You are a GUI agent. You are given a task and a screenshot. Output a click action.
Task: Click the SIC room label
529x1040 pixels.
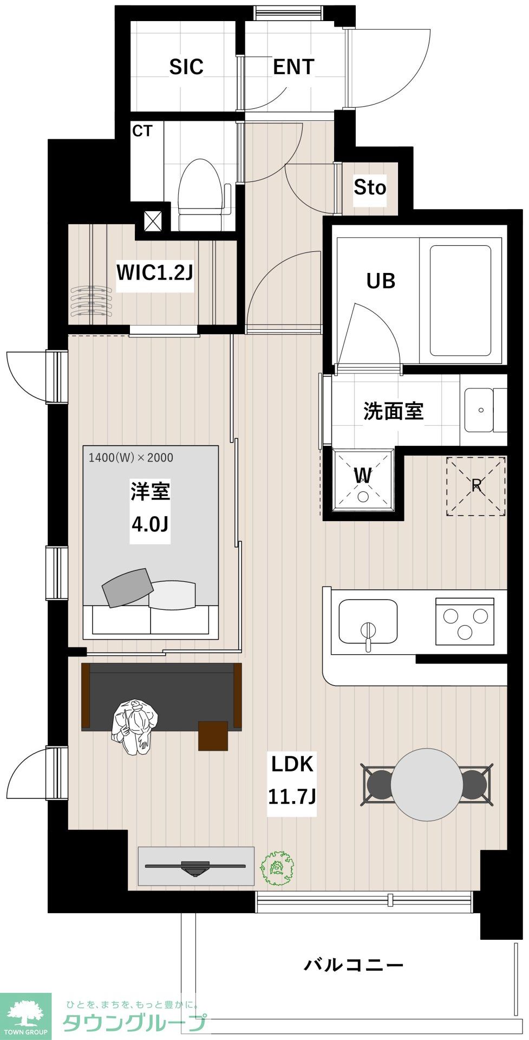[x=186, y=67]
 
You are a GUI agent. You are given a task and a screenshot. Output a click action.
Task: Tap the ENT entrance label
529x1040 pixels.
[x=293, y=67]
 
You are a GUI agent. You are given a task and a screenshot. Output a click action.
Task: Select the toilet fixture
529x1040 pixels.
[x=201, y=194]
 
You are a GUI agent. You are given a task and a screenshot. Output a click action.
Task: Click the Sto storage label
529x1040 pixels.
[x=370, y=187]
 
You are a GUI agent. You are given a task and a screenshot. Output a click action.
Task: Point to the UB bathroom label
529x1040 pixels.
[x=381, y=281]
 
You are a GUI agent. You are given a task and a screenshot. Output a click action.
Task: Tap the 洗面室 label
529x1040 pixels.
[x=393, y=411]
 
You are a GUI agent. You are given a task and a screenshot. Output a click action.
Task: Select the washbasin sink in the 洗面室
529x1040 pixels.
[x=481, y=410]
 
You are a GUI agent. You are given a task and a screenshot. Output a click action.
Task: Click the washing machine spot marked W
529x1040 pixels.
[x=363, y=480]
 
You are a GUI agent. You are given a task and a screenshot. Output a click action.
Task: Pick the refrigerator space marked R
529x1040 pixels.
[x=476, y=486]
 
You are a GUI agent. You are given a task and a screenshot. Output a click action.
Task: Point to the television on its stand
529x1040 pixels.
[x=196, y=867]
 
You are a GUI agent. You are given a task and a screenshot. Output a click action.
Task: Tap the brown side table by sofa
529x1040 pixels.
[x=213, y=736]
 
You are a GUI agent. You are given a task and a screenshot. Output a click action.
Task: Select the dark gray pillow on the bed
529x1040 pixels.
[x=128, y=587]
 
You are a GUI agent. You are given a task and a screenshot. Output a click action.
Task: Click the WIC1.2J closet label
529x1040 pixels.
[x=155, y=272]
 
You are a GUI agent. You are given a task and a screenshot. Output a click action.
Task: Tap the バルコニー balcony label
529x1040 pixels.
[x=354, y=965]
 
